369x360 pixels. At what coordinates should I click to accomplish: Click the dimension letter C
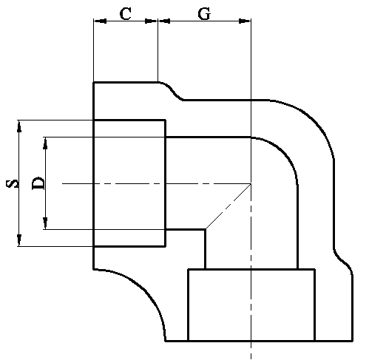[126, 14]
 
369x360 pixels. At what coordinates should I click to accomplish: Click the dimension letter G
[204, 14]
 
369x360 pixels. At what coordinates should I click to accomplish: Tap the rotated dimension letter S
[13, 184]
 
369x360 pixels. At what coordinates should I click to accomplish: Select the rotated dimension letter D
[38, 183]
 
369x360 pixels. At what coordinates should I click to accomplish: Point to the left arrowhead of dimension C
[100, 21]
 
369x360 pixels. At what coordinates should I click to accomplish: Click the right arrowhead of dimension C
[151, 21]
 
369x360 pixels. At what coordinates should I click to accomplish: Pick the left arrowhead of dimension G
[164, 21]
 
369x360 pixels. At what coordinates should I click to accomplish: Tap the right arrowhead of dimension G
[244, 21]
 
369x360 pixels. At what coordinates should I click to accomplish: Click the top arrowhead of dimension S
[19, 126]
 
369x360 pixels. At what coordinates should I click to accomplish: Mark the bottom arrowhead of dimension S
[19, 240]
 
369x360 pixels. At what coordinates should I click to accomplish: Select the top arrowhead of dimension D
[45, 143]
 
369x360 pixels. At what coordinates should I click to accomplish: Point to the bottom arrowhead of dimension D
[45, 223]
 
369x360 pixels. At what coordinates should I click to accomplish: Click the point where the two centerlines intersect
[251, 183]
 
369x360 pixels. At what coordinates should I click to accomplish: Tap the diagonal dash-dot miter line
[228, 206]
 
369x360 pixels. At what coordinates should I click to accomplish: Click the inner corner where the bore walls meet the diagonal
[205, 229]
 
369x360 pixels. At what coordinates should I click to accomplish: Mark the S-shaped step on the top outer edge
[171, 90]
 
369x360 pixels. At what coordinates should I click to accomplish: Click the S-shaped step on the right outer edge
[343, 261]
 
